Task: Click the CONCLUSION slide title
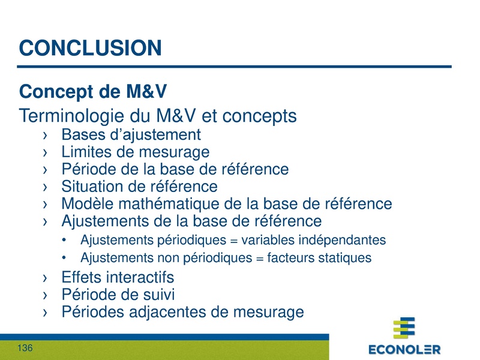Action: click(x=90, y=47)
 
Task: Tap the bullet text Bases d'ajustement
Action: click(x=131, y=134)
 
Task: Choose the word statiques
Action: click(x=344, y=258)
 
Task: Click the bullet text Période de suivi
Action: click(x=118, y=295)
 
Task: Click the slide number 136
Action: click(x=25, y=349)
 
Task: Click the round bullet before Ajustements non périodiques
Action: click(x=65, y=259)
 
